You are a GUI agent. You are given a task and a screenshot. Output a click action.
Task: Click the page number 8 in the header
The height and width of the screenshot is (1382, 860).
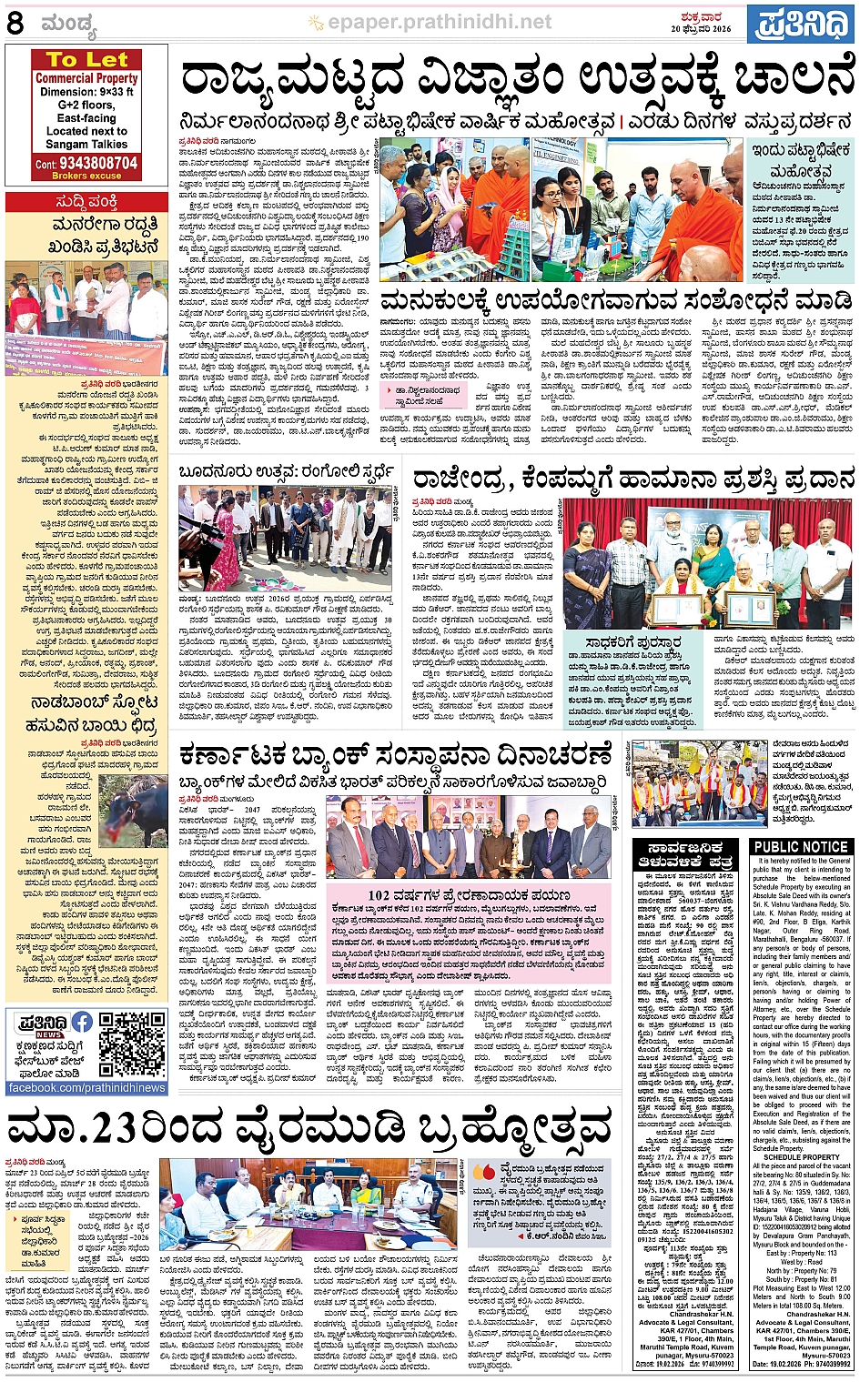coord(15,23)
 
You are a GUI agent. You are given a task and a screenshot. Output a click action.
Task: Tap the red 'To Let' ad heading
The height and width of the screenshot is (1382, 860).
coord(86,60)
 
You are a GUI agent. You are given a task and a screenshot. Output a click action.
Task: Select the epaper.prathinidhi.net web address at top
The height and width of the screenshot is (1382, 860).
coord(439,22)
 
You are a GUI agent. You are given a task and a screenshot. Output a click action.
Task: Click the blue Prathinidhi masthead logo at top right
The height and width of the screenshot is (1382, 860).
coord(800,24)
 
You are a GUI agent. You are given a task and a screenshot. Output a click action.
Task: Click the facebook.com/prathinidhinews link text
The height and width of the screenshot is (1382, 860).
coord(86,1087)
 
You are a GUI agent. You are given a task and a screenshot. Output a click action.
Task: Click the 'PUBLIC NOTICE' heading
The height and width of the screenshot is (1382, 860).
coord(801,847)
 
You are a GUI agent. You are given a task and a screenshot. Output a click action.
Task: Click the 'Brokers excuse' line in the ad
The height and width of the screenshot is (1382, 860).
coord(86,176)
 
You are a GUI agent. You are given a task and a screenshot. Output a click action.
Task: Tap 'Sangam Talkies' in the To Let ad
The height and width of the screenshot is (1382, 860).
coord(86,144)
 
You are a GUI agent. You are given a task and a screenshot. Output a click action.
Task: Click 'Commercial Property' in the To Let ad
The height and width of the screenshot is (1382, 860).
coord(86,78)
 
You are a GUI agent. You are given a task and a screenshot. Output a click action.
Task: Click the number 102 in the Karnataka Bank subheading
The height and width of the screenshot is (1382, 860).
coord(379,895)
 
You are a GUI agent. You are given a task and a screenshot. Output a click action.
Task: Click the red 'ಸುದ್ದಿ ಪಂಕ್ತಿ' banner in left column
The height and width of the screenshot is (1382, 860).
coord(86,201)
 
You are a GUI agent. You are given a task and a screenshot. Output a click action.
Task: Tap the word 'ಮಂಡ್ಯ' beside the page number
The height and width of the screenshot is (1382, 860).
coord(67,25)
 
